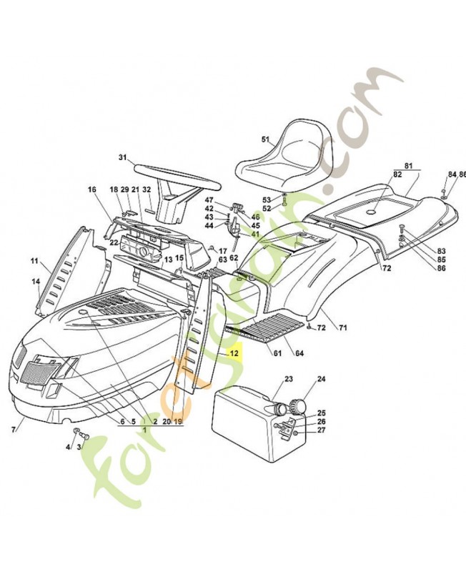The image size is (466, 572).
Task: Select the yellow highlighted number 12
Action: click(x=234, y=353)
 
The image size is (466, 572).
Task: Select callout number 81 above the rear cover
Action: click(x=408, y=166)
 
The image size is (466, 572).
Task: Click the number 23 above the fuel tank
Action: click(x=289, y=379)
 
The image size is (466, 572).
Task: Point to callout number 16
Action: click(x=91, y=189)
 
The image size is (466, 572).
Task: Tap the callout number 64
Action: click(x=299, y=353)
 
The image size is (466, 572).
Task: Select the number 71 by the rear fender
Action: click(x=342, y=327)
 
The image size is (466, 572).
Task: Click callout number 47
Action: click(x=209, y=199)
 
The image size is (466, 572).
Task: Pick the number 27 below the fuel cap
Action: click(x=321, y=430)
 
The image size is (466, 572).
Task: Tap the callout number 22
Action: click(x=114, y=243)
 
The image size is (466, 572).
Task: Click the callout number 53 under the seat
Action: click(x=266, y=199)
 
